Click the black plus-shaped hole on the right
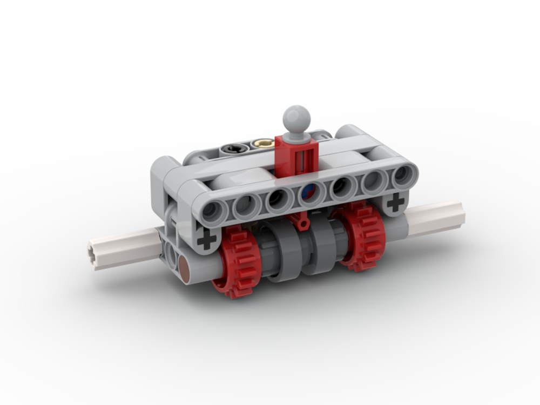point(396,202)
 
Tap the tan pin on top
point(263,144)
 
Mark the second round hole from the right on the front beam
point(372,180)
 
